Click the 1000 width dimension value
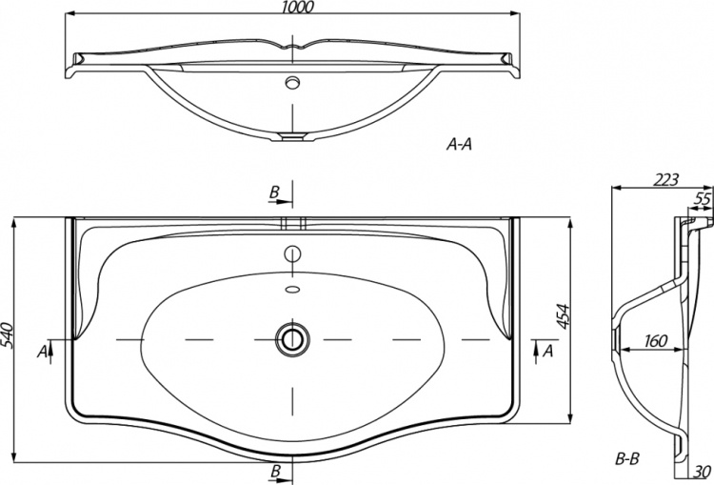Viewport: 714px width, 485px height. (297, 7)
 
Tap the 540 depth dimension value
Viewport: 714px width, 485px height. (8, 335)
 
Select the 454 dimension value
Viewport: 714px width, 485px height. (564, 316)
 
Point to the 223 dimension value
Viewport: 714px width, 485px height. (665, 180)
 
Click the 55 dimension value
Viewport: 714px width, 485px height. (703, 199)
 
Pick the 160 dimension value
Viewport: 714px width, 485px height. (656, 340)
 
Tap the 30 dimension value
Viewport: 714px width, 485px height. (704, 472)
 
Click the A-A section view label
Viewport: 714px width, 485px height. (459, 145)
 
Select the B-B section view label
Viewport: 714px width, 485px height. (627, 458)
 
